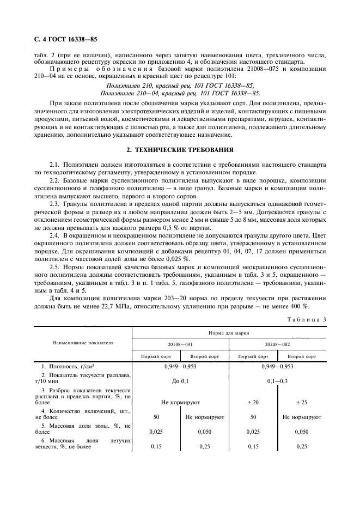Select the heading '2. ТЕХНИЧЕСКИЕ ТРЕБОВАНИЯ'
pyautogui.click(x=180, y=149)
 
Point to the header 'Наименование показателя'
pyautogui.click(x=83, y=343)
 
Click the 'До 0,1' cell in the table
pyautogui.click(x=180, y=381)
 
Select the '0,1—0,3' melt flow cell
pyautogui.click(x=277, y=381)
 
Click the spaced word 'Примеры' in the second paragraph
pyautogui.click(x=65, y=69)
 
